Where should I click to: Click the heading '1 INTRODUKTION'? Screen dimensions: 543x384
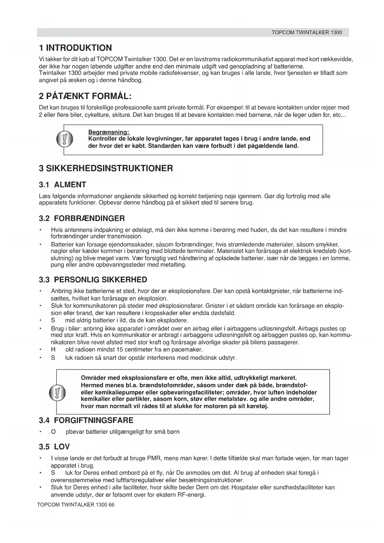(x=75, y=48)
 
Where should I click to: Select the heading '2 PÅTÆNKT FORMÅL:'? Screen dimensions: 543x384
(x=85, y=96)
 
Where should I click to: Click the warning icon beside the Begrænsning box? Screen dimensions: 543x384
(x=64, y=139)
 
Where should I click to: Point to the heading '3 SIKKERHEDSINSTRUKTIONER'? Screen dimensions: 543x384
(x=106, y=169)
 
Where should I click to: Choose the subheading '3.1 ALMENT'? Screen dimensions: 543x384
(x=63, y=185)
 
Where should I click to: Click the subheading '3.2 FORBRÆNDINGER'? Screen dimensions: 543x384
(x=82, y=219)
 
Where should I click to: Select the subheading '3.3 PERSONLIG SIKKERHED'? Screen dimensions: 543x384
(x=93, y=280)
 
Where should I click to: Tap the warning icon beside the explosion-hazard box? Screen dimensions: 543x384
(x=57, y=392)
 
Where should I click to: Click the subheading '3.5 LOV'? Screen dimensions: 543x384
(x=54, y=447)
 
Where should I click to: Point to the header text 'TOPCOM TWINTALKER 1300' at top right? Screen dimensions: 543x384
(x=307, y=33)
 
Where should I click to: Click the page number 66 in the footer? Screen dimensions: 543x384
(x=111, y=505)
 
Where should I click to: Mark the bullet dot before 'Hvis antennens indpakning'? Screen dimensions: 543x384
(x=40, y=230)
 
